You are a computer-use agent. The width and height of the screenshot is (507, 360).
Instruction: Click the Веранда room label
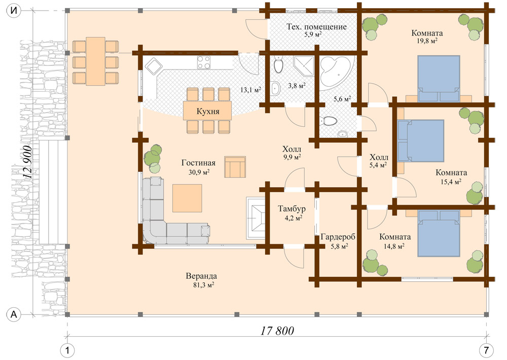[201, 276]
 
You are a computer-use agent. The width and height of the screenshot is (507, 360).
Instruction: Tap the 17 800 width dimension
[277, 331]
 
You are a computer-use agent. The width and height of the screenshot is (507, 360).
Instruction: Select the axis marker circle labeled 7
[486, 350]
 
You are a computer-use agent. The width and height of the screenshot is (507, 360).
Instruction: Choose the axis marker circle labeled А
[14, 315]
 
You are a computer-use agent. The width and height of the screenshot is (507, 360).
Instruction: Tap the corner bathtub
[336, 73]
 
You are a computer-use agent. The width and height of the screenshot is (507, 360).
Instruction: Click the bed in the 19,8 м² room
[439, 79]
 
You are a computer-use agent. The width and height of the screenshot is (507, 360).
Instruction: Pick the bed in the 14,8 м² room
[439, 234]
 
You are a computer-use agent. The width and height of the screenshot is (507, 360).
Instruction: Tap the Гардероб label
[337, 237]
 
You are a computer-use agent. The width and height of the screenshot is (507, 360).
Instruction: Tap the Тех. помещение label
[316, 27]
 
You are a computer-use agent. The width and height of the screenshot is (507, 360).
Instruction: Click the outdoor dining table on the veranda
[96, 61]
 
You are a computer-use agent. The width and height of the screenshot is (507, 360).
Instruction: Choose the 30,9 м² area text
[199, 172]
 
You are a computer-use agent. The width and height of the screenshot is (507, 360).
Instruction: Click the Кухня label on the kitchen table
[207, 111]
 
